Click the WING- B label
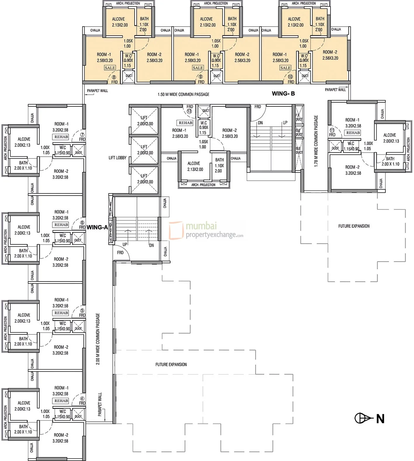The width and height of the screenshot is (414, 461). [x=283, y=94]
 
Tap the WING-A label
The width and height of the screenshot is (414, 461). [x=97, y=227]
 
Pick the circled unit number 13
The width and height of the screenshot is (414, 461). [x=189, y=111]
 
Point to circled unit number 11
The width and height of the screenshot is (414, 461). [x=332, y=130]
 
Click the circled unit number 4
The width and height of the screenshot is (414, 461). [x=82, y=398]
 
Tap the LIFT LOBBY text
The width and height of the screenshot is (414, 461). [x=117, y=158]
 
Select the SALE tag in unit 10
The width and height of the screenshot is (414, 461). [x=285, y=68]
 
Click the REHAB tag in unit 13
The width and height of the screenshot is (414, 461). [x=185, y=123]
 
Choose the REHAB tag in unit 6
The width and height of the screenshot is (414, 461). [x=61, y=225]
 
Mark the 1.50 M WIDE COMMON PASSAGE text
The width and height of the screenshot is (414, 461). [x=183, y=94]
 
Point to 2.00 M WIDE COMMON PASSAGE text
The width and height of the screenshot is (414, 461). [x=98, y=339]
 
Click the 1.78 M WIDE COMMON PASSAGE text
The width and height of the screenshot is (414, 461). [x=316, y=141]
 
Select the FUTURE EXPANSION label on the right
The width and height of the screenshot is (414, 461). [x=354, y=226]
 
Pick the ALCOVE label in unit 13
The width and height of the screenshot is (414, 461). [x=194, y=163]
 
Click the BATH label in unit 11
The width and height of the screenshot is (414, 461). [x=390, y=159]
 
